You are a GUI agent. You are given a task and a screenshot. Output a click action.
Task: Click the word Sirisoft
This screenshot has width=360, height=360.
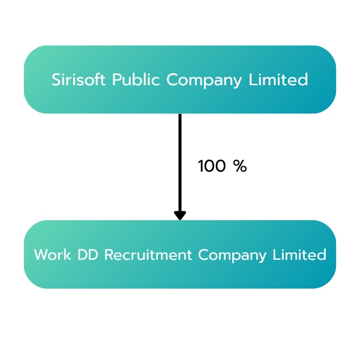pos(79,79)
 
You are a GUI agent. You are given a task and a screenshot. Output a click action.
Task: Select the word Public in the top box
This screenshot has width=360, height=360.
pos(136,79)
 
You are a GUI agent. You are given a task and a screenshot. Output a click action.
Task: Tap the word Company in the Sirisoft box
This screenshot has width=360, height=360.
pos(204,80)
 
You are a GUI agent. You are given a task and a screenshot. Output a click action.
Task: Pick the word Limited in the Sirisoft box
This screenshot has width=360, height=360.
pos(278,79)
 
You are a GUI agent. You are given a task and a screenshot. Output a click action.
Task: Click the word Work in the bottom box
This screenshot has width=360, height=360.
pos(52,254)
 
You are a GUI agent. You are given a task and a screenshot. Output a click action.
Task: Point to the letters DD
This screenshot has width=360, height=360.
pos(88,254)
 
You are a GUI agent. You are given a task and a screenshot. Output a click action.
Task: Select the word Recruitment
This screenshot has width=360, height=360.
pos(148,254)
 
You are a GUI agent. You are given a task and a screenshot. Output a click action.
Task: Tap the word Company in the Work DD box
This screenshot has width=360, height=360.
pos(232,256)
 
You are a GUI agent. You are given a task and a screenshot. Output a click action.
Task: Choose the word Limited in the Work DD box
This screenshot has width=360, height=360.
pos(299,254)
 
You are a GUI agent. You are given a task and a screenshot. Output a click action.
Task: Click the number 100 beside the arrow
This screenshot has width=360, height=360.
pos(212,166)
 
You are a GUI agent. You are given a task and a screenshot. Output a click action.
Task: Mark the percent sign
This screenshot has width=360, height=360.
pos(240,166)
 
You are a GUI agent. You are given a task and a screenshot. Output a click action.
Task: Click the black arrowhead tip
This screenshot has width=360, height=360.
pos(180,220)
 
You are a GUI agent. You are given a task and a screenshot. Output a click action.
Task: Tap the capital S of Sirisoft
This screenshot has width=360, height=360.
pos(56,79)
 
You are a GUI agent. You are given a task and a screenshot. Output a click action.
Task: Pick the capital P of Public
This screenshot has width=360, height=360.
pos(116,79)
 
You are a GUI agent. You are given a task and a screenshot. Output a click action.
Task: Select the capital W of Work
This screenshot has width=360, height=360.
pos(41,254)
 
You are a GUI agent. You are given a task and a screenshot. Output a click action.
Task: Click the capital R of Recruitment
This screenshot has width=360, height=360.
pos(109,254)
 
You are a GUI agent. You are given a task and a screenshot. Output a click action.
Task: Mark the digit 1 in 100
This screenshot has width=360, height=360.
pos(200,166)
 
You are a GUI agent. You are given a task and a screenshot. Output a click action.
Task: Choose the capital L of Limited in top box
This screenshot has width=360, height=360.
pos(253,79)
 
